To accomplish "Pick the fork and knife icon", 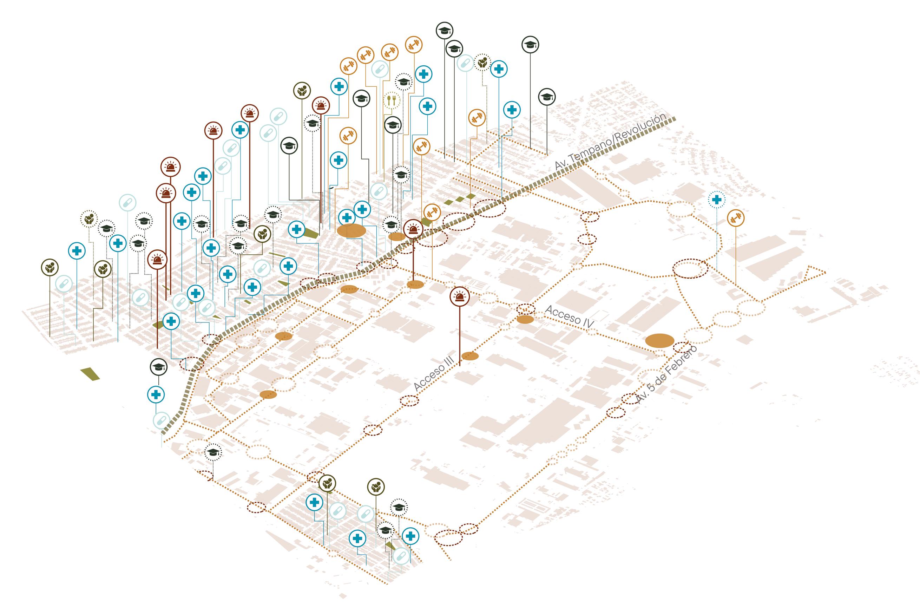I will (x=392, y=100).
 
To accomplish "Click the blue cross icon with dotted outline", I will (x=716, y=200).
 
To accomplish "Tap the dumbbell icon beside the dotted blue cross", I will (x=736, y=218).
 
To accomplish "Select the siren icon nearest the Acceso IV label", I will (x=459, y=296).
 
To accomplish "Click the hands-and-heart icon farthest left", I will (x=50, y=268).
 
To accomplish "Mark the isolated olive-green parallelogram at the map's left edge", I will (x=90, y=374).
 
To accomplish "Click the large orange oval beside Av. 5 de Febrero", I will (x=660, y=341).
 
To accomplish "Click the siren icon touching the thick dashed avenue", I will (x=412, y=229).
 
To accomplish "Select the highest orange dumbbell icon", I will (x=413, y=45).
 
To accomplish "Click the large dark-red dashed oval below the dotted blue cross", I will (x=690, y=269).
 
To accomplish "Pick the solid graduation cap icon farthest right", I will (x=547, y=97).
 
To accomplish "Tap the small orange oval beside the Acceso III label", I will (x=470, y=356).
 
